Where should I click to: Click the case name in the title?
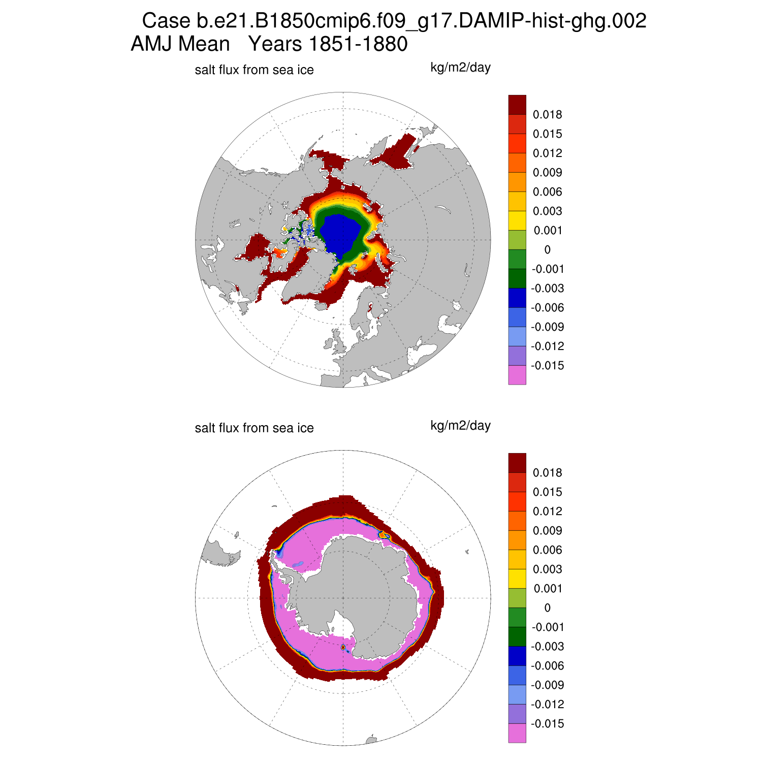394,21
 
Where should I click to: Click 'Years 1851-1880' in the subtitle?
328,44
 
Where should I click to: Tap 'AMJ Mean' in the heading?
180,44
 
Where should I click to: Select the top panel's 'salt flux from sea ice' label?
254,70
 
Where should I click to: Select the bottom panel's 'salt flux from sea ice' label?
254,428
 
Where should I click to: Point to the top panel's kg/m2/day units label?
460,68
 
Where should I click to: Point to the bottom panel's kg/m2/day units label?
460,426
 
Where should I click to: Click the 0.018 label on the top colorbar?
547,115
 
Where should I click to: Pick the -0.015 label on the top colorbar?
547,366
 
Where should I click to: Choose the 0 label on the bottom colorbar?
547,608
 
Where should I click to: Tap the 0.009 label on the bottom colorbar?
547,531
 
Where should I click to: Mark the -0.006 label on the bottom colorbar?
547,666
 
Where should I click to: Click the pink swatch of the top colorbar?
517,375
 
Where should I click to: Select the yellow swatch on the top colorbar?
517,220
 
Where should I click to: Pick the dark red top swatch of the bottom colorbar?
517,463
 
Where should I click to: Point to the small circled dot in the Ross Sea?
343,647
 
